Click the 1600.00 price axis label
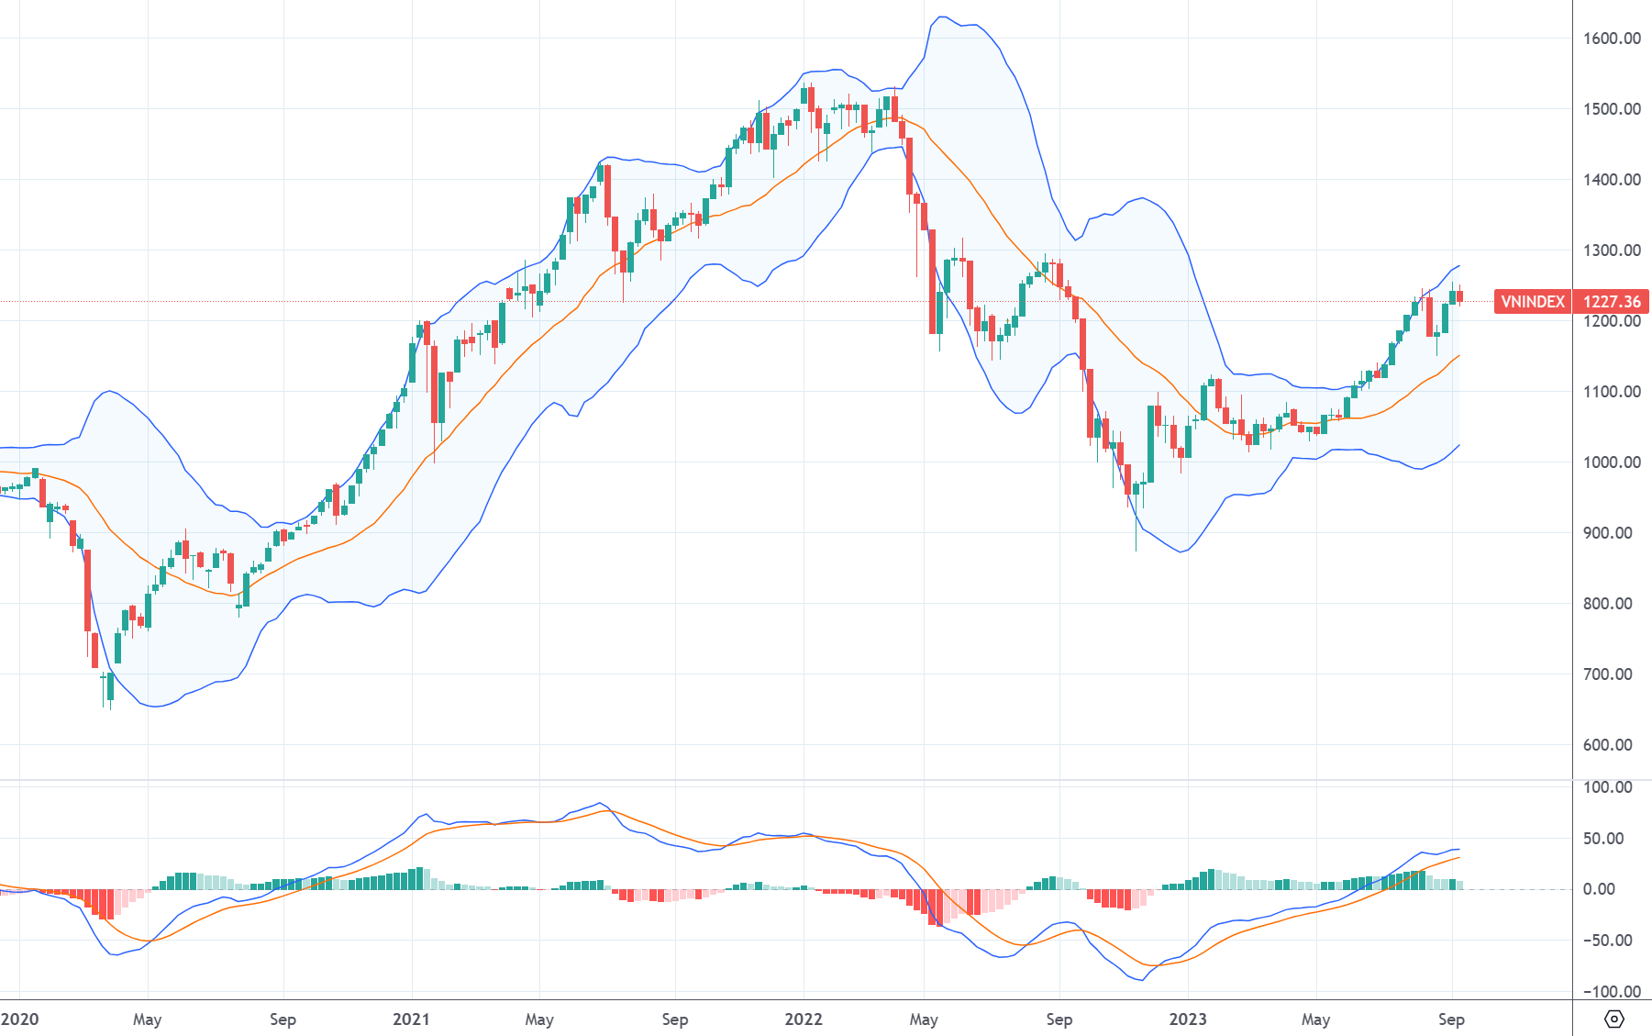[1612, 39]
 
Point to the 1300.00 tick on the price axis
[1612, 251]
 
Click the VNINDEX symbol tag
[1533, 302]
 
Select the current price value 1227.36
[1612, 302]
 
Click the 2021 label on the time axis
[411, 1019]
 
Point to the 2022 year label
[804, 1019]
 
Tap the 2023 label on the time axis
[1188, 1019]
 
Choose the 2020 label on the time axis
[20, 1019]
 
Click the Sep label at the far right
[1451, 1019]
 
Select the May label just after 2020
[147, 1019]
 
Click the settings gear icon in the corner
[1613, 1019]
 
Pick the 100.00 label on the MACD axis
[1607, 787]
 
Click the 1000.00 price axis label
[1612, 462]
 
